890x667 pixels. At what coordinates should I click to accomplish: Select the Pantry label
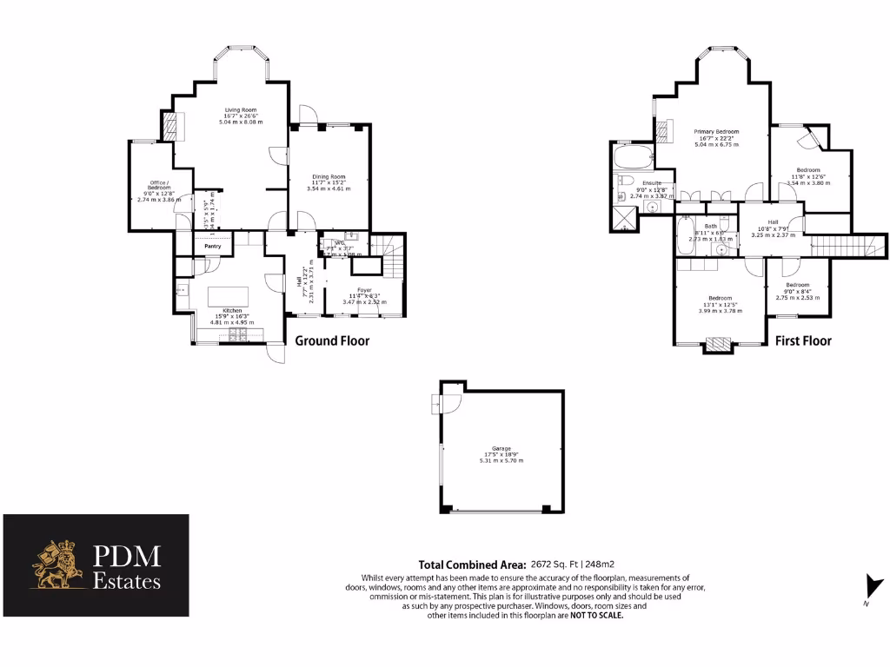point(213,247)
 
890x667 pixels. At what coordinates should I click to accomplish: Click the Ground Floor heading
point(332,341)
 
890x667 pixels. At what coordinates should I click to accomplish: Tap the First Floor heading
point(803,341)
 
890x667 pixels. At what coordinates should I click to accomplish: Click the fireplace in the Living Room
point(175,127)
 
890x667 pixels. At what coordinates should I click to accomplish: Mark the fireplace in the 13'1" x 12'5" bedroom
point(717,345)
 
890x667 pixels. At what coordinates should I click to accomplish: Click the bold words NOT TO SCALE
point(596,615)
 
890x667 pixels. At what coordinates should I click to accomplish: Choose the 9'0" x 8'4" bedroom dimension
point(798,292)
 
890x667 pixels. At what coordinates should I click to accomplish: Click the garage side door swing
point(450,403)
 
